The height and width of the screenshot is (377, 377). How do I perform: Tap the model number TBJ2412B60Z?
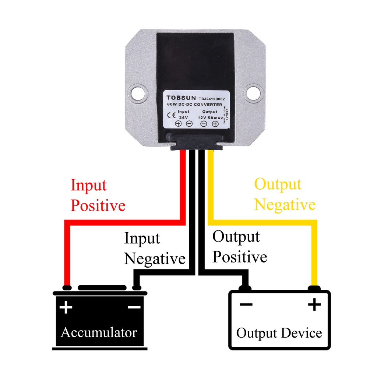[x=212, y=98]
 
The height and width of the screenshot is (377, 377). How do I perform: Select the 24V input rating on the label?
[x=183, y=117]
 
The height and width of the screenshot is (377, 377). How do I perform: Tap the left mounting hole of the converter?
[x=137, y=92]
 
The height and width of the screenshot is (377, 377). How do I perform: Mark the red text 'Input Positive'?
[x=98, y=195]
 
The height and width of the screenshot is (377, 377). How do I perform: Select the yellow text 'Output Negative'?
[x=284, y=194]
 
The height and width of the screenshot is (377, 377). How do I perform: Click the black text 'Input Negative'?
[x=154, y=249]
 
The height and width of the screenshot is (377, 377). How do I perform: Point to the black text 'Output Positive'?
[x=239, y=247]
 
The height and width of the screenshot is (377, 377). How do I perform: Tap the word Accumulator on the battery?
[x=99, y=332]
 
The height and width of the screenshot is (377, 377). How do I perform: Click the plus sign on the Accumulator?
[x=66, y=307]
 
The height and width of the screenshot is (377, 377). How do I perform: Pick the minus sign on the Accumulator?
[x=134, y=307]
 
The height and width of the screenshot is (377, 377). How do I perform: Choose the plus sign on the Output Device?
[x=314, y=304]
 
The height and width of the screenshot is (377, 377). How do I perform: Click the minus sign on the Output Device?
[x=246, y=304]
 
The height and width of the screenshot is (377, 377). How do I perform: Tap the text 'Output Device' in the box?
[x=279, y=333]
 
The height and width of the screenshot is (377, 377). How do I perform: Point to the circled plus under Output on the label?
[x=215, y=124]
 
